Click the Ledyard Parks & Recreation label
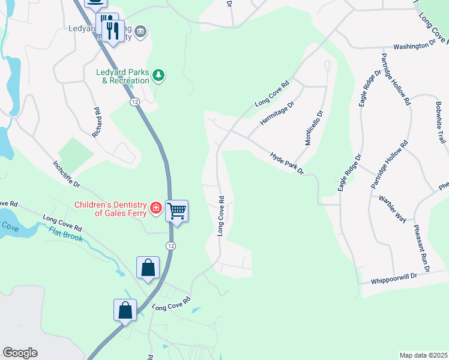pos(122,76)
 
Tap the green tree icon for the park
pos(158,75)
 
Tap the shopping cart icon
pos(177,211)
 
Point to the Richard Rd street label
pos(97,123)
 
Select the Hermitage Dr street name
pos(277,113)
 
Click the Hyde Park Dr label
pos(288,163)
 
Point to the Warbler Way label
pos(393,208)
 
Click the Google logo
pos(20,353)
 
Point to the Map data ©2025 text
pos(423,355)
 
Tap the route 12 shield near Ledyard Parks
pos(134,102)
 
